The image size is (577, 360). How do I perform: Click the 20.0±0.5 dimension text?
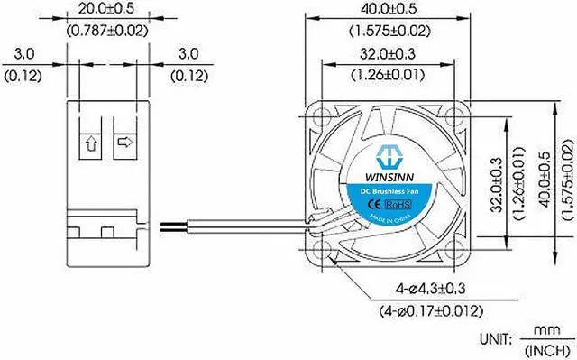(106, 9)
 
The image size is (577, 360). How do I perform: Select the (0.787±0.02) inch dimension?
(107, 31)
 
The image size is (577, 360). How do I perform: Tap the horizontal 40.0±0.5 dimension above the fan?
(389, 9)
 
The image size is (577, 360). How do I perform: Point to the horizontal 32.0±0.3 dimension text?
(388, 54)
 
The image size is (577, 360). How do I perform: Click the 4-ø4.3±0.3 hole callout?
(430, 288)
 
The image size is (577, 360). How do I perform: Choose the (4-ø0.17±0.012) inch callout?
(431, 311)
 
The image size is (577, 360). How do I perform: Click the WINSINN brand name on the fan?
(389, 177)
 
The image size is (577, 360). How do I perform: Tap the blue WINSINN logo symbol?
(389, 156)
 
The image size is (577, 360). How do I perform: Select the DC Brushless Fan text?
(389, 191)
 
